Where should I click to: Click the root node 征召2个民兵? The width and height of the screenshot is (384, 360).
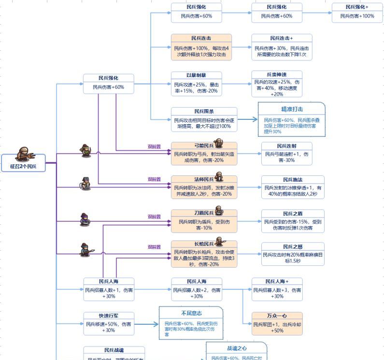(23, 166)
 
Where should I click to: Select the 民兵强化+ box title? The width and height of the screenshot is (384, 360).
(357, 7)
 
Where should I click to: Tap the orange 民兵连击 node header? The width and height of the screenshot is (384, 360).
(201, 38)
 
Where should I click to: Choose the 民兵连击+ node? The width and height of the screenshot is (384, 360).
(282, 47)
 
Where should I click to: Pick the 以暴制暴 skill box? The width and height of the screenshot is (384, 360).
(197, 83)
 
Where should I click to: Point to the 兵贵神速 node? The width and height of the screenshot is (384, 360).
(277, 85)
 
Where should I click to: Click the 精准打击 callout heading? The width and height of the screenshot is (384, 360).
(292, 109)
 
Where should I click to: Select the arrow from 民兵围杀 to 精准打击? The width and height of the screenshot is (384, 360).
(247, 119)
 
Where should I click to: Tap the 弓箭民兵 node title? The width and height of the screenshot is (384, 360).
(204, 145)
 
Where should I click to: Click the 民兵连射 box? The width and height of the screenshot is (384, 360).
(286, 153)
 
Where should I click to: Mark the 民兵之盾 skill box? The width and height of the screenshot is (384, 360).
(293, 221)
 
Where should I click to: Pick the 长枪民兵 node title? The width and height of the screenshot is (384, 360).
(204, 244)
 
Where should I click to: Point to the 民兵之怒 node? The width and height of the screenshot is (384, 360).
(293, 254)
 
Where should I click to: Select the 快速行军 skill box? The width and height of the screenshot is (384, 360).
(109, 323)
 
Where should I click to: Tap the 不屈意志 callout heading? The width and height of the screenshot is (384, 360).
(191, 314)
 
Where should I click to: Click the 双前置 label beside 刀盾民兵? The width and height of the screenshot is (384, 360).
(154, 217)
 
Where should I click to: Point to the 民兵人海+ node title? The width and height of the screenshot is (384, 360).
(277, 281)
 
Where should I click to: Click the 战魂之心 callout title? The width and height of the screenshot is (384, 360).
(237, 348)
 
